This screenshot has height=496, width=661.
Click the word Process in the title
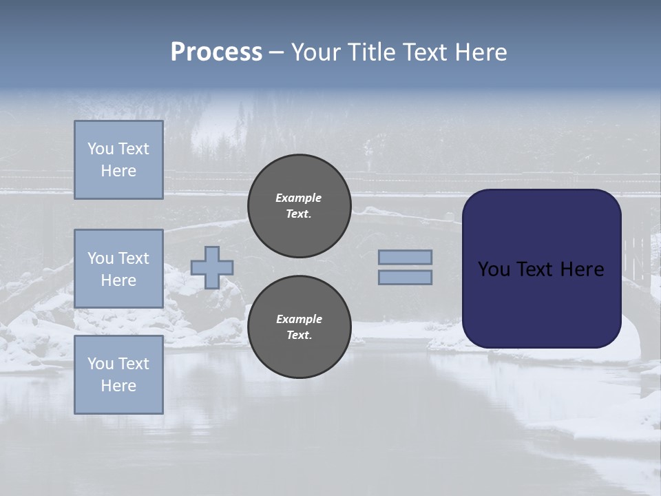[216, 52]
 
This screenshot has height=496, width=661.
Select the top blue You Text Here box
[118, 160]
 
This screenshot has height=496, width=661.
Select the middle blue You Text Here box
[118, 269]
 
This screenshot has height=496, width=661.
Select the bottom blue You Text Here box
[118, 375]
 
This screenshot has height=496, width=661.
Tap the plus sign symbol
[212, 267]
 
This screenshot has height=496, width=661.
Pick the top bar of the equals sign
[405, 257]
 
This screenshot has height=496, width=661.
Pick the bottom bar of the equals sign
[405, 278]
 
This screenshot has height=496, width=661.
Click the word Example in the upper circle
[299, 198]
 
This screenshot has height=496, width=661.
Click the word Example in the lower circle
[299, 319]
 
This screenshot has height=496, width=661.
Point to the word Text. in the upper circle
[299, 214]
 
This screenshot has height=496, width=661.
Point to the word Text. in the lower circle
[299, 335]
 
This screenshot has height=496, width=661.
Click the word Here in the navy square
[582, 269]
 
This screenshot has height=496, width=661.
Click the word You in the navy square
[493, 269]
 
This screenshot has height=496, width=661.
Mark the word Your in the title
[315, 52]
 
